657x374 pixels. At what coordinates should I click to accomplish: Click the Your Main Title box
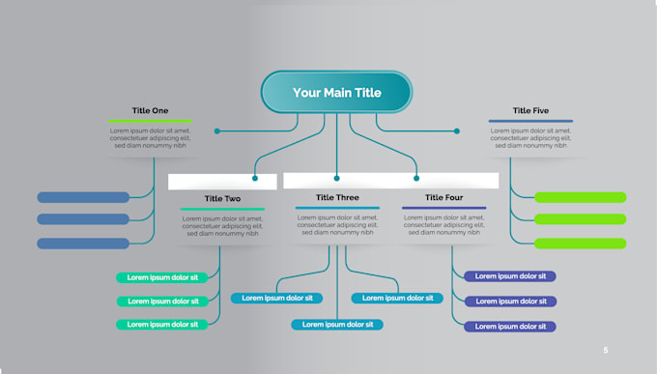click(336, 93)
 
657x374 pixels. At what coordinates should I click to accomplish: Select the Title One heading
click(150, 110)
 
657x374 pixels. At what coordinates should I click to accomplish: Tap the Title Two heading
click(222, 199)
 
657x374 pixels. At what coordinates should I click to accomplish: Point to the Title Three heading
click(337, 198)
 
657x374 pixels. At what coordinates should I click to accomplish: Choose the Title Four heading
click(443, 198)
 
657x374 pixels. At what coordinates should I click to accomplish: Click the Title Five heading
click(529, 110)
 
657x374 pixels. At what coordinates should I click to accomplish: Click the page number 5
click(606, 350)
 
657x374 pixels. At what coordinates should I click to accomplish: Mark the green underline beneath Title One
click(150, 121)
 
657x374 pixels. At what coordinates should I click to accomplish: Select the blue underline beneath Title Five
click(529, 121)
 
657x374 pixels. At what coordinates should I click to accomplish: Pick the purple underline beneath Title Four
click(443, 208)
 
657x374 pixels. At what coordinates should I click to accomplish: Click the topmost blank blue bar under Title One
click(83, 197)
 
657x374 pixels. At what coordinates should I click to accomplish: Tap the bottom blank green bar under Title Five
click(580, 244)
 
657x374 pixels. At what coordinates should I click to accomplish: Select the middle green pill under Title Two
click(162, 301)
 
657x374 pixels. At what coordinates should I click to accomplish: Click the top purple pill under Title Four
click(510, 276)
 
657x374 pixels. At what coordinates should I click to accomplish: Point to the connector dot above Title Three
click(336, 178)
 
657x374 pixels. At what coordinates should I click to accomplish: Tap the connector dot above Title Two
click(255, 178)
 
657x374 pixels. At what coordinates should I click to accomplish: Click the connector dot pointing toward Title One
click(216, 130)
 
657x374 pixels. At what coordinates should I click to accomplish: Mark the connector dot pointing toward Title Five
click(457, 130)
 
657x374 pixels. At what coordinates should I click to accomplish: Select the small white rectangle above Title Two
click(222, 182)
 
